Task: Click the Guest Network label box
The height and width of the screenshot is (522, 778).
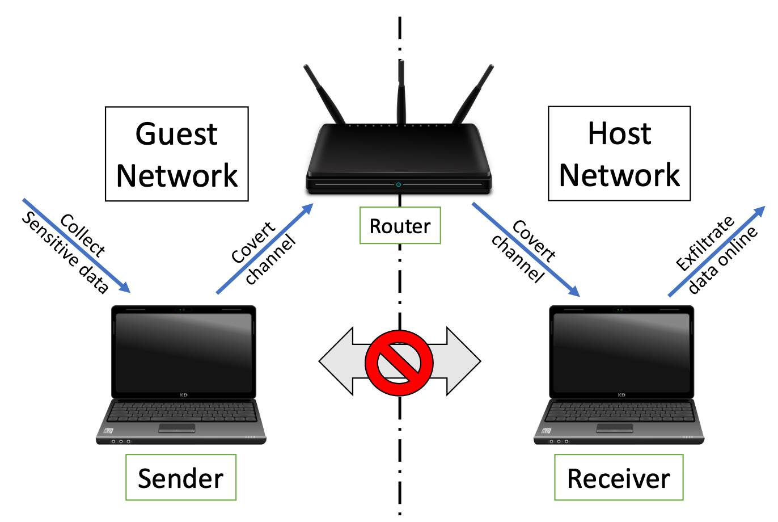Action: pyautogui.click(x=177, y=154)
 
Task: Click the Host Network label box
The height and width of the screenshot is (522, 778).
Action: pyautogui.click(x=619, y=153)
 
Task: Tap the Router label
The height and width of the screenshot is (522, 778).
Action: pyautogui.click(x=400, y=226)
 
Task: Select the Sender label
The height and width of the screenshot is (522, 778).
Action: pyautogui.click(x=180, y=478)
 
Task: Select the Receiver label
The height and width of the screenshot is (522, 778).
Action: pyautogui.click(x=619, y=478)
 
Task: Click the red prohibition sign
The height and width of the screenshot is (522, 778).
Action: pyautogui.click(x=399, y=361)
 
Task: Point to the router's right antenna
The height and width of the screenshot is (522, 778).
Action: pyautogui.click(x=474, y=94)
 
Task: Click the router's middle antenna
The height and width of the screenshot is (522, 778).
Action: pyautogui.click(x=401, y=91)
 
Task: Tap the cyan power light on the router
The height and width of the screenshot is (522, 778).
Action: pyautogui.click(x=399, y=184)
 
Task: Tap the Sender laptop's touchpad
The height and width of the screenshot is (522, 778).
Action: pyautogui.click(x=176, y=428)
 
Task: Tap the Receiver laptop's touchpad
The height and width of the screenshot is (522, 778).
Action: pyautogui.click(x=614, y=428)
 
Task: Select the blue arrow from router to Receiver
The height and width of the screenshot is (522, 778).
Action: pyautogui.click(x=526, y=250)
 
